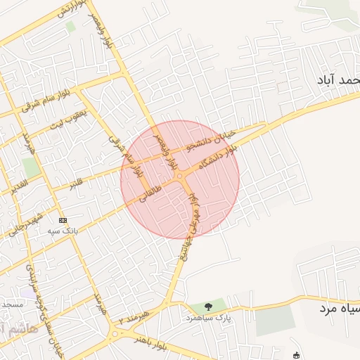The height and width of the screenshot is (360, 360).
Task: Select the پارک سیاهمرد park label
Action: [203, 318]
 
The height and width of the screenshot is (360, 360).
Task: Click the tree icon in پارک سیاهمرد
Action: [208, 306]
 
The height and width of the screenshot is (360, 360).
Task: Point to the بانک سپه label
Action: [62, 231]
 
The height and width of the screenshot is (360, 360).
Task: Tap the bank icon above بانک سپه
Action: [63, 220]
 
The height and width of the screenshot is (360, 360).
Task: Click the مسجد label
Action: [13, 304]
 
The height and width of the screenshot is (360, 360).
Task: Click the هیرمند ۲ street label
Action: [135, 318]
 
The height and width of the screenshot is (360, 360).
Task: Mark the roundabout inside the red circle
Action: [181, 176]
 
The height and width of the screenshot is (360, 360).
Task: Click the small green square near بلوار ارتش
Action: [70, 26]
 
